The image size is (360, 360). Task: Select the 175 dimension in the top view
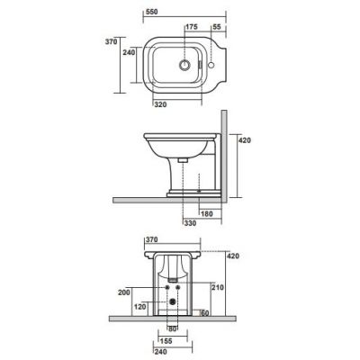(191, 28)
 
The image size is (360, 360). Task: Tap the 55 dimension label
(216, 28)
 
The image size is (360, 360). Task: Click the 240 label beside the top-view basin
(130, 52)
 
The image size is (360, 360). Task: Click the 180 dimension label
(207, 213)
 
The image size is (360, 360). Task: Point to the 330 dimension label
(190, 222)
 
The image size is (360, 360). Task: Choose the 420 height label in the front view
(235, 256)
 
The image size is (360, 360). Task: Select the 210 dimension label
(217, 287)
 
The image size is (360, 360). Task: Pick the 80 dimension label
(173, 328)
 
